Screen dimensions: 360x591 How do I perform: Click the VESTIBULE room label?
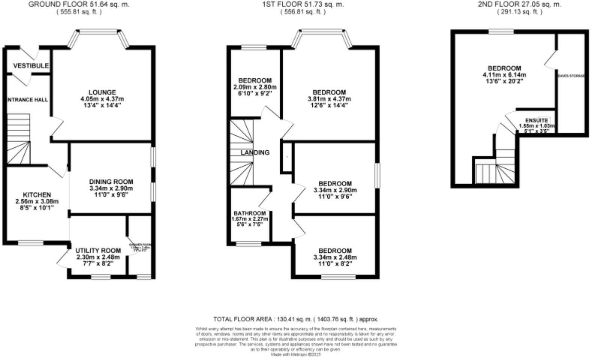[31, 66]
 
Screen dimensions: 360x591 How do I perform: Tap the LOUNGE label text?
[102, 92]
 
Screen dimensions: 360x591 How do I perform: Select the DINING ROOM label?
[111, 182]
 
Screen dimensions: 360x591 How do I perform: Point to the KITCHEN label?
[37, 195]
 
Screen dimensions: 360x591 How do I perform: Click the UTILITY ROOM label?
[98, 250]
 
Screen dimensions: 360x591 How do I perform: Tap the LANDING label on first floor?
[255, 153]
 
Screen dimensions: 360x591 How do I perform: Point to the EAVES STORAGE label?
[571, 76]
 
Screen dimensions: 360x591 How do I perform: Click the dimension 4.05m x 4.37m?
[102, 99]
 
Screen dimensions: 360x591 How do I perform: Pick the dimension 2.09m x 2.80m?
[255, 87]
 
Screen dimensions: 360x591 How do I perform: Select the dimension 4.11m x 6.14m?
[504, 75]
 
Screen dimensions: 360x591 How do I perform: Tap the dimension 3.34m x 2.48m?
[335, 257]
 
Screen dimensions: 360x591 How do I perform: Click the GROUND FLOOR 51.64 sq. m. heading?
[79, 4]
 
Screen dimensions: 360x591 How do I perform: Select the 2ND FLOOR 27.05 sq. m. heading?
[519, 4]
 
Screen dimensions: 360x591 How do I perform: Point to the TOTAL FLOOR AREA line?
[295, 319]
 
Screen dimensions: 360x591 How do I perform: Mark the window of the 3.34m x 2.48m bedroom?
[338, 277]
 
